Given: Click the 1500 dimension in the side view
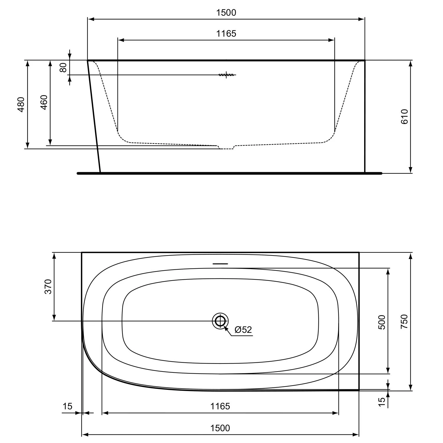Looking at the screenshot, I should point(226,13).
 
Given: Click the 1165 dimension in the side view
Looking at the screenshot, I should point(226,34).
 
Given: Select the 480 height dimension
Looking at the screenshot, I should point(21,104).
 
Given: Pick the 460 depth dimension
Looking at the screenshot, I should point(44,102).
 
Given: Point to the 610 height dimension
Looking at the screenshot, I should point(404,116).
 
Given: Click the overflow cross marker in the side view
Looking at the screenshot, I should point(226,75).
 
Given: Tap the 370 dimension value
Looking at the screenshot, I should point(48,286).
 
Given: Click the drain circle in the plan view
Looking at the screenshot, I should point(220,321).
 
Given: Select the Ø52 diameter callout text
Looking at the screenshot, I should point(243,330).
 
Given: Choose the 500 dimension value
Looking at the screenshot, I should point(382,323).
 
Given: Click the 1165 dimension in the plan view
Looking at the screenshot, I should point(220,406).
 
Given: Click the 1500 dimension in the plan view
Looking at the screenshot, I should point(220,428).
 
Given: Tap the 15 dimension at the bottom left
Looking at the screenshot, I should point(67,406).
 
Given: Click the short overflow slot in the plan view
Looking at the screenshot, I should point(220,263).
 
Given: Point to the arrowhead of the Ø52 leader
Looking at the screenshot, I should point(225,327).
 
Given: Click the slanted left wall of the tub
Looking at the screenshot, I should point(94,117).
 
